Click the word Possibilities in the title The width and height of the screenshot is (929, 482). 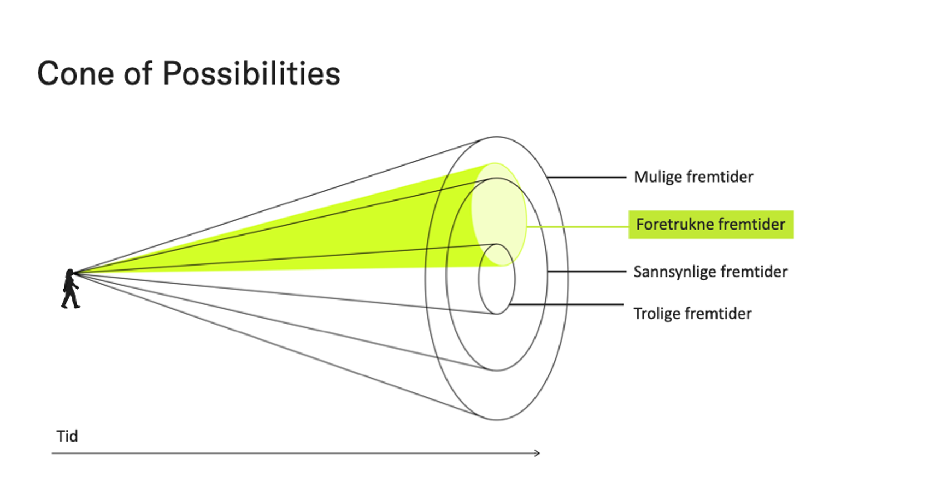pyautogui.click(x=251, y=74)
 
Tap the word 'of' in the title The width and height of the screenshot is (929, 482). pyautogui.click(x=138, y=74)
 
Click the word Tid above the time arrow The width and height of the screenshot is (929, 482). pyautogui.click(x=67, y=436)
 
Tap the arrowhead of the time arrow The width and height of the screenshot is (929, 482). pyautogui.click(x=538, y=453)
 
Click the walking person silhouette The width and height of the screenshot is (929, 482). pyautogui.click(x=70, y=290)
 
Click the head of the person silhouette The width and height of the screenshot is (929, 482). pyautogui.click(x=70, y=273)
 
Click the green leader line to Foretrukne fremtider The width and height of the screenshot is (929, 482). pyautogui.click(x=577, y=226)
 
